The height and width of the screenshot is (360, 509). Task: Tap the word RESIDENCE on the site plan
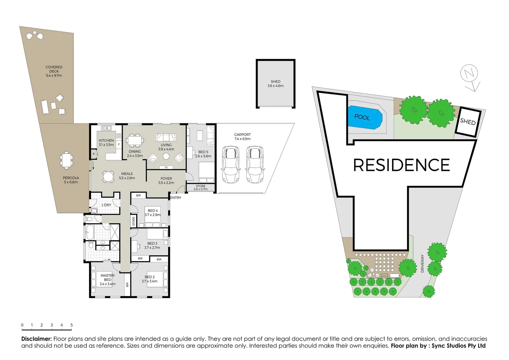coord(401,165)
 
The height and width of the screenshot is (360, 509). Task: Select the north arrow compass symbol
coord(470,77)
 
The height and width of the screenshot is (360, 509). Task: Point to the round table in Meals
coord(108,176)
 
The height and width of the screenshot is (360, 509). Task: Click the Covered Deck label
coord(54,71)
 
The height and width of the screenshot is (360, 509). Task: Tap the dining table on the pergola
coord(67,160)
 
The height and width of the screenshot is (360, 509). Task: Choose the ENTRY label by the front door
coord(176,198)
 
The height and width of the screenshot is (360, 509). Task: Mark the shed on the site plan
coord(468,122)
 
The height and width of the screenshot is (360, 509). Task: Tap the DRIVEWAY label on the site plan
coord(422,263)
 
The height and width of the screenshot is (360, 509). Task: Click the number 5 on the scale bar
coord(72,325)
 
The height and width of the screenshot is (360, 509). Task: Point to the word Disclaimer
coord(36,339)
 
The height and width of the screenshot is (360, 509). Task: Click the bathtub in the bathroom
coord(90,232)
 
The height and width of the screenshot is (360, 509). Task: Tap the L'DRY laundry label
coord(106,205)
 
